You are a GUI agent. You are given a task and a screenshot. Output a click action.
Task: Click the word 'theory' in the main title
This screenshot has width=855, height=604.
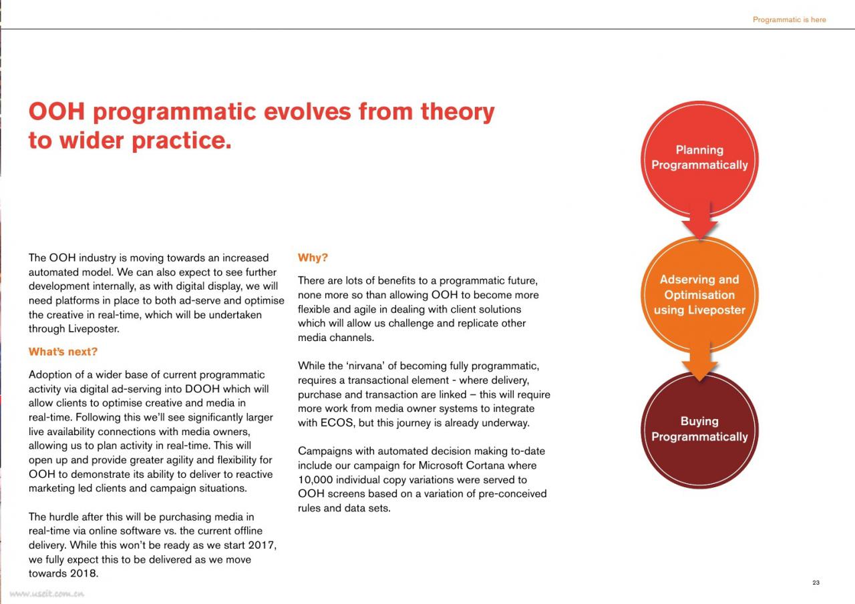pyautogui.click(x=458, y=113)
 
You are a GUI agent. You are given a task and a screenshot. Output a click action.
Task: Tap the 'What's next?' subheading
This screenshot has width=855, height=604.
pyautogui.click(x=63, y=352)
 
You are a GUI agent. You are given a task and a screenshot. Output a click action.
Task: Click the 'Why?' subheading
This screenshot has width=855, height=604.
pyautogui.click(x=313, y=258)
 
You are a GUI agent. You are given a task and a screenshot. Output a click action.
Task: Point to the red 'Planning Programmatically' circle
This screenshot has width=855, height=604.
pyautogui.click(x=699, y=159)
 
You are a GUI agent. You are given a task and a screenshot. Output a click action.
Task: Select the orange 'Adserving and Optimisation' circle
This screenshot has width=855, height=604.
pyautogui.click(x=699, y=294)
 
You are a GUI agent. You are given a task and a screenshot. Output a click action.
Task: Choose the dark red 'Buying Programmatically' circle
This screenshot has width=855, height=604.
pyautogui.click(x=699, y=430)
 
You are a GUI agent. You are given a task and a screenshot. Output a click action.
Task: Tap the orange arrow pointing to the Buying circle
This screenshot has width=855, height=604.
pyautogui.click(x=699, y=362)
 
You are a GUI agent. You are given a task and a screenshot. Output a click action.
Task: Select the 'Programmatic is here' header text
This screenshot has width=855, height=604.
pyautogui.click(x=789, y=19)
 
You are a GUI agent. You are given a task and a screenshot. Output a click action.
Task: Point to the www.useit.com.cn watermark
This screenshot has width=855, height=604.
pyautogui.click(x=47, y=594)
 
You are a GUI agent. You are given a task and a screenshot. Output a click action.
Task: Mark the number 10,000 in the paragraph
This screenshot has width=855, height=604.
pyautogui.click(x=315, y=480)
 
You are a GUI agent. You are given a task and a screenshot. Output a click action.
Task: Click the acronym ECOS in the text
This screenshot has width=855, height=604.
pyautogui.click(x=337, y=423)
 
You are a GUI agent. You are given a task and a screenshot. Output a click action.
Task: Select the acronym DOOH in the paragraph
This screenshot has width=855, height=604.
pyautogui.click(x=202, y=389)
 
